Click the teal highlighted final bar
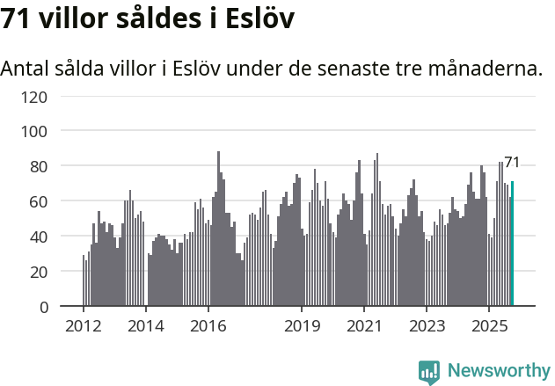click(x=513, y=244)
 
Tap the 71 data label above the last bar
click(x=512, y=162)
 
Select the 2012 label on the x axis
click(x=84, y=327)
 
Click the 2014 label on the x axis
click(x=146, y=327)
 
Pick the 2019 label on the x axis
click(x=302, y=327)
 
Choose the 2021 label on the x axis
click(x=364, y=327)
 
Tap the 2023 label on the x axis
click(x=427, y=327)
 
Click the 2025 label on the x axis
click(x=489, y=327)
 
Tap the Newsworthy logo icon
click(x=429, y=371)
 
